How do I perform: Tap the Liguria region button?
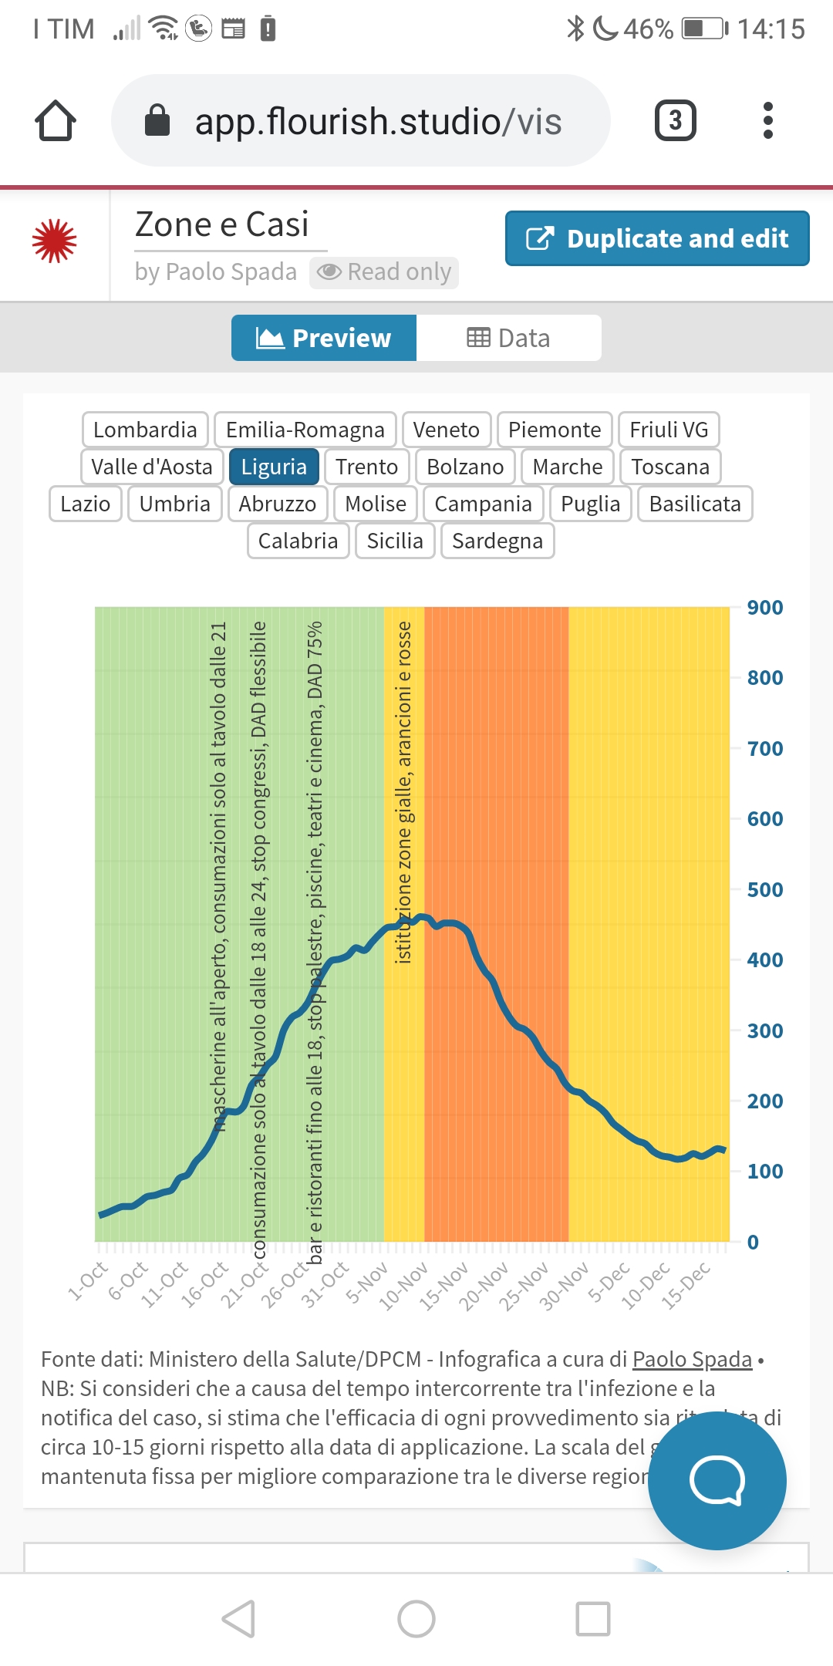[x=274, y=467]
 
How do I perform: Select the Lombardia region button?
[x=145, y=430]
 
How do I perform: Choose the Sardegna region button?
[x=497, y=541]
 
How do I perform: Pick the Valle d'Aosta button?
[x=152, y=467]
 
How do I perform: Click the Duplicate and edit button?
[x=657, y=238]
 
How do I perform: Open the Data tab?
[x=509, y=338]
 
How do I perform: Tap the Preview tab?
[x=324, y=338]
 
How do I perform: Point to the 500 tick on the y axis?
[x=764, y=889]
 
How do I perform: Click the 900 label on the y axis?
[x=764, y=608]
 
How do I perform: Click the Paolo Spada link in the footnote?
[x=692, y=1359]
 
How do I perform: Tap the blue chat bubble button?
[x=717, y=1480]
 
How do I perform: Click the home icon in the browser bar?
[x=56, y=121]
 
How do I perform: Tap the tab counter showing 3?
[x=675, y=121]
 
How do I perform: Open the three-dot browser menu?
[x=767, y=121]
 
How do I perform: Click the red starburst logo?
[x=55, y=241]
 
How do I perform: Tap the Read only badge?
[x=384, y=272]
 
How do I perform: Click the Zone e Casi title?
[x=222, y=224]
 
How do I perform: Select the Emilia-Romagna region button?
[x=305, y=430]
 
